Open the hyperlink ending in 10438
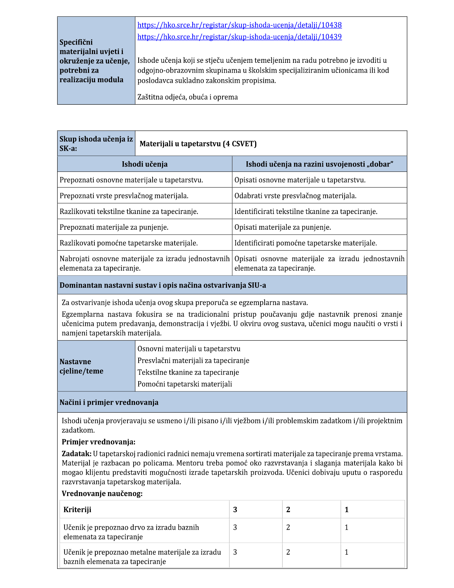pos(239,25)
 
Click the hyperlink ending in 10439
pos(239,37)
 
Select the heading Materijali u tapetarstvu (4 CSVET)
pos(198,144)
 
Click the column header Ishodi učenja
pos(144,164)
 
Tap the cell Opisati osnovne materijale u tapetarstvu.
pos(300,180)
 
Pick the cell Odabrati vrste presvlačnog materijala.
pos(295,196)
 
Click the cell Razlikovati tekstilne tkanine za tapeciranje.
pos(129,212)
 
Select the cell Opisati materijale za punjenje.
pos(282,227)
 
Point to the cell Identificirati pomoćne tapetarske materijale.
pos(305,243)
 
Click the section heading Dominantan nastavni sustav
pos(162,285)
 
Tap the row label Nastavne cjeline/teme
pos(82,366)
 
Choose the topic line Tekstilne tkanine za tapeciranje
pos(188,372)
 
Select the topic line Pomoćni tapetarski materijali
pos(184,384)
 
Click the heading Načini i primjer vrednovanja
pos(109,402)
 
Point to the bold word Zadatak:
pos(77,454)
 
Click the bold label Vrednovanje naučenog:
pos(102,494)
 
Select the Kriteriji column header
pos(77,509)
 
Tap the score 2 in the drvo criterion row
pos(288,527)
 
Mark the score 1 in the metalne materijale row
pos(347,552)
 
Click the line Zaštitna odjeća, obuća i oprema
pos(187,97)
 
